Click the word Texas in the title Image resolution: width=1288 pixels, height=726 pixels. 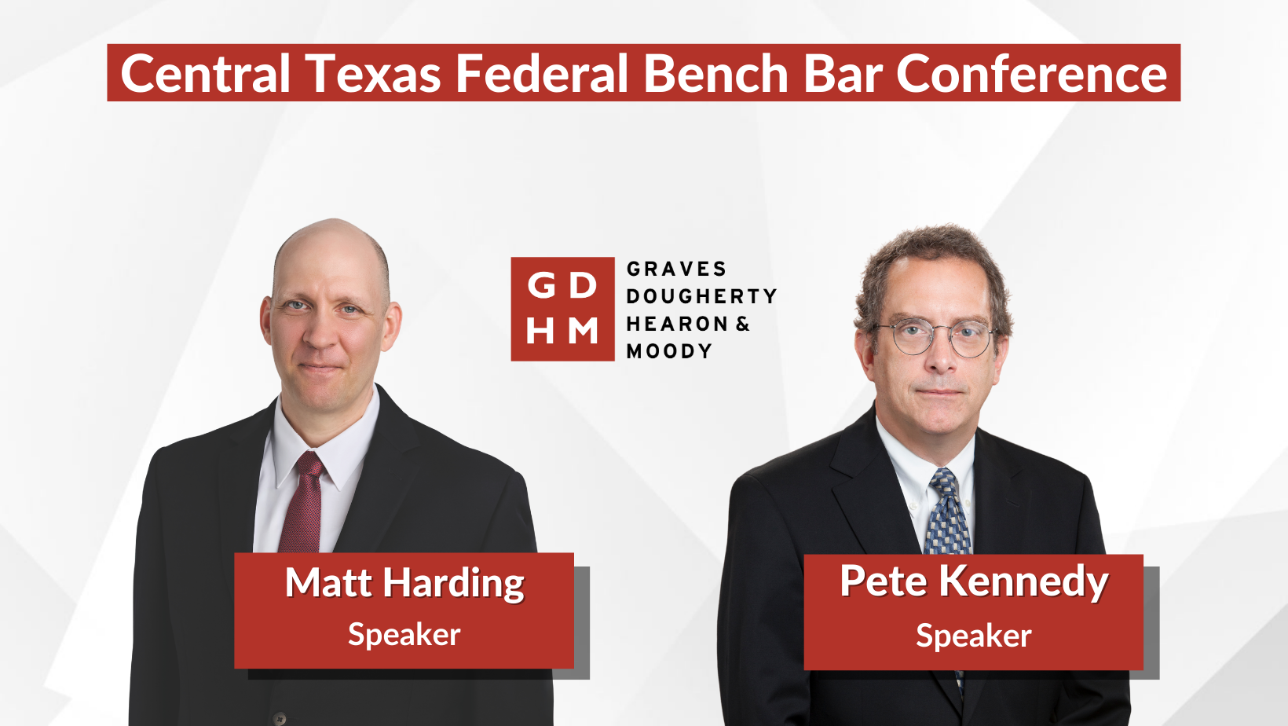(372, 73)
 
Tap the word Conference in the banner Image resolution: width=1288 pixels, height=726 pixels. (1031, 73)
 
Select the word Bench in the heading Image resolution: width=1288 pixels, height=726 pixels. (715, 73)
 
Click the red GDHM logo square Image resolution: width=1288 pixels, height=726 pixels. (562, 309)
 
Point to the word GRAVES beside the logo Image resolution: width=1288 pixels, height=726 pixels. (677, 269)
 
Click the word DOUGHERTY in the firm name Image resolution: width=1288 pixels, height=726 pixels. (701, 296)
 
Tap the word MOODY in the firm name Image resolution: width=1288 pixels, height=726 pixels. (669, 351)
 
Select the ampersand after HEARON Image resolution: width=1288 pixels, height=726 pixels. (743, 324)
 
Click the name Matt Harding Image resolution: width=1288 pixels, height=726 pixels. (404, 583)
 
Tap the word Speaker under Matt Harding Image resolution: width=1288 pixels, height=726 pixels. (404, 635)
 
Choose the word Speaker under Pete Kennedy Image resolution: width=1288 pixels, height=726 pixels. (974, 636)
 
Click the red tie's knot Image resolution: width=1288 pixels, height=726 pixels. (310, 464)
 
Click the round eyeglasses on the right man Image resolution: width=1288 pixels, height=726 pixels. (937, 338)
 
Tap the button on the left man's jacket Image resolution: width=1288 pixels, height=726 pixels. (280, 718)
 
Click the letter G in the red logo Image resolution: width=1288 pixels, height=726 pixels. (541, 285)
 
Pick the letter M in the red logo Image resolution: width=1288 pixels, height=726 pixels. (583, 331)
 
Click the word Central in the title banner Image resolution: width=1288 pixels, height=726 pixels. (205, 73)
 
